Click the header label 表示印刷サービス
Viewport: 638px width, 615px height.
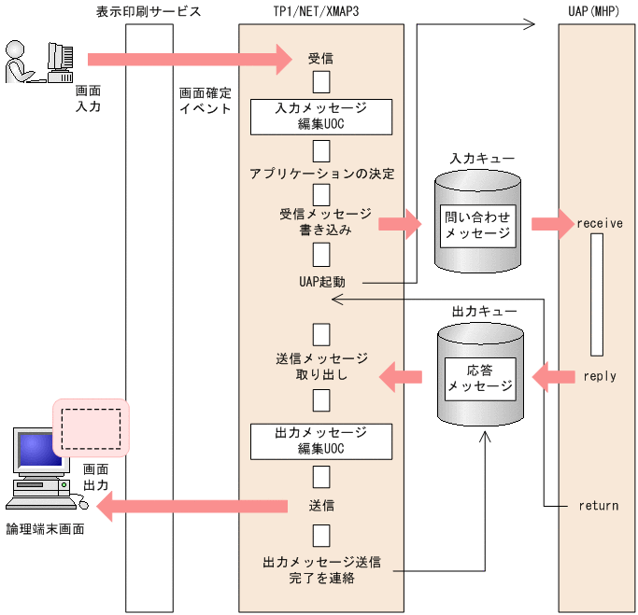point(148,12)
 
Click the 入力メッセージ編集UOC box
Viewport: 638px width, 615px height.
point(320,116)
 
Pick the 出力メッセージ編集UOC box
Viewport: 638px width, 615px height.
point(320,440)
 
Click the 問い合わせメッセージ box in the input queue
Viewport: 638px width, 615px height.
point(478,224)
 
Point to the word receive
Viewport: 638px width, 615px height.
point(599,224)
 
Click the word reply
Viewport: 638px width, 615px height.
point(599,376)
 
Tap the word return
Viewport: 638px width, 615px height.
point(599,506)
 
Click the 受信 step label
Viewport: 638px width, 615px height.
point(320,58)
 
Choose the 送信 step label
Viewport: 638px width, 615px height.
point(320,506)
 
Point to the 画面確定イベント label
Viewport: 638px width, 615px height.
point(206,101)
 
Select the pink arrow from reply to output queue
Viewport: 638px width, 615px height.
point(553,377)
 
